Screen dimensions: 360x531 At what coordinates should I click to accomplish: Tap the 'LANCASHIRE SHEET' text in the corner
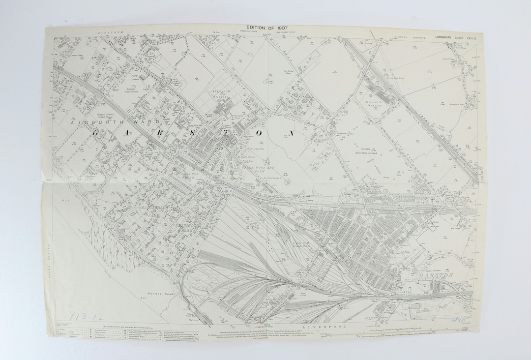click(x=448, y=37)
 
